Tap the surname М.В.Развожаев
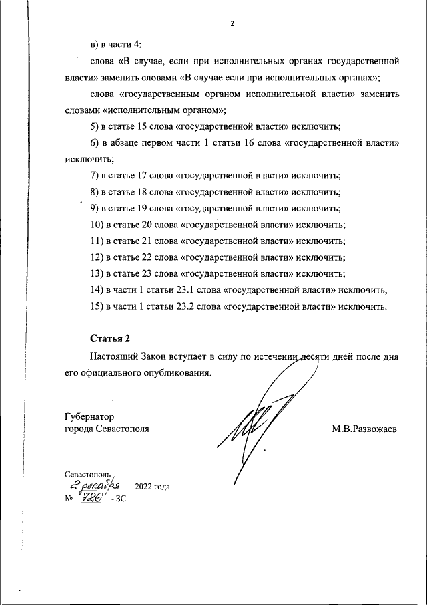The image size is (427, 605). point(364,429)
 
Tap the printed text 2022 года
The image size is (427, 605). point(153,487)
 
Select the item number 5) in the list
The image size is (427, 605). point(94,127)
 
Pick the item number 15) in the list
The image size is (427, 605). point(97,307)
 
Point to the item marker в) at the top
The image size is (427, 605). point(94,44)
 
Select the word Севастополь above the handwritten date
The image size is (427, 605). point(92,473)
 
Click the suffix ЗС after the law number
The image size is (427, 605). point(121,499)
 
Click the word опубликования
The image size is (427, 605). point(175,373)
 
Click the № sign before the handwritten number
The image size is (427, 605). point(68,499)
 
